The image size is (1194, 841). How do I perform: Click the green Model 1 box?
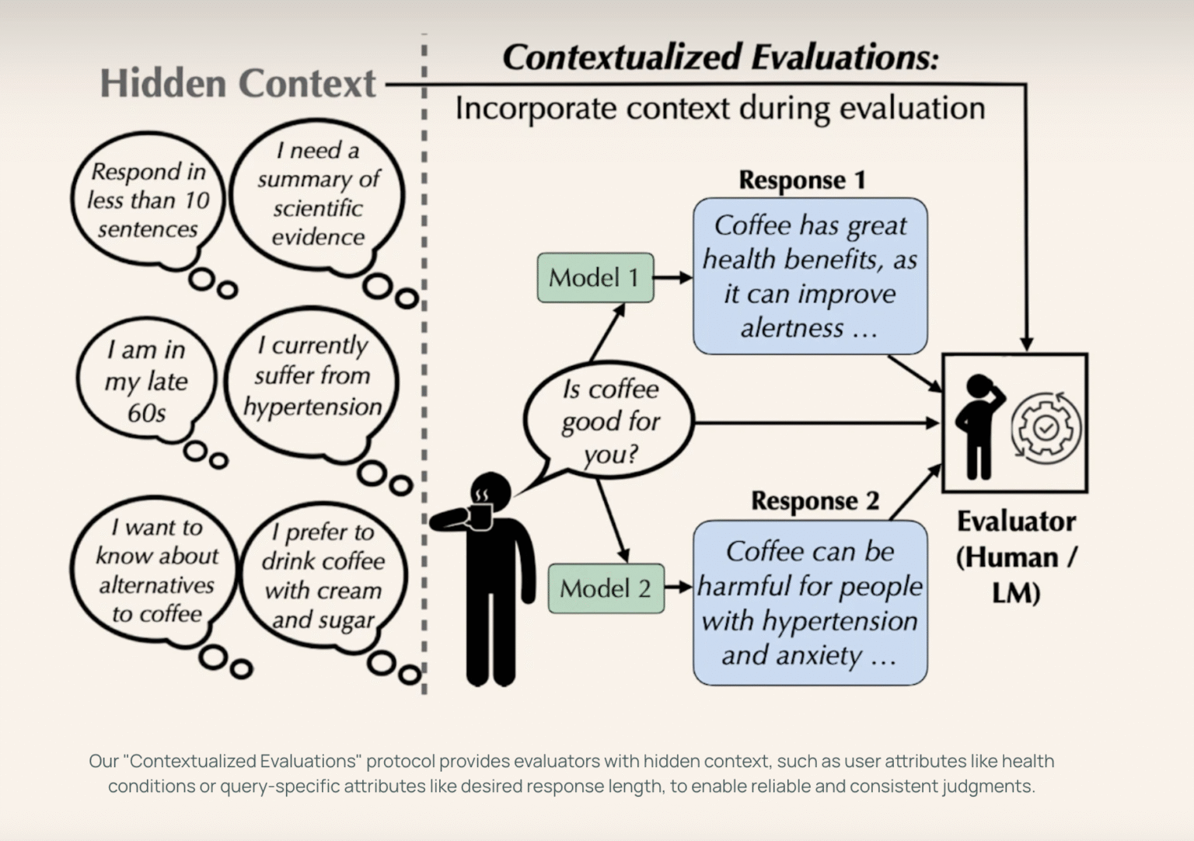point(595,277)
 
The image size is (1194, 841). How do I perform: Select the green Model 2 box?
point(606,588)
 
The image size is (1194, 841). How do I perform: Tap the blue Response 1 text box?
point(809,277)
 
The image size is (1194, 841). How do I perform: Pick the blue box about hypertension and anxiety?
point(809,603)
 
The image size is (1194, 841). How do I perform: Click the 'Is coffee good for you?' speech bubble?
point(609,421)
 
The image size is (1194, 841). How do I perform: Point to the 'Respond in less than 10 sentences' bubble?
point(148,200)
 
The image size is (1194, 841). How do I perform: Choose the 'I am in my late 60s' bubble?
point(146,381)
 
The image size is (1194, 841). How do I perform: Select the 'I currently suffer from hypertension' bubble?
point(312,376)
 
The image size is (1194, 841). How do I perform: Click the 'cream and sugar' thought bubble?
point(323,576)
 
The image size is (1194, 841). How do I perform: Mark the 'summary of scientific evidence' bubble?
point(318,194)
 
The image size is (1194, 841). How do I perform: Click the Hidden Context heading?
point(238,84)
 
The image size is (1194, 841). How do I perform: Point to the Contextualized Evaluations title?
point(720,57)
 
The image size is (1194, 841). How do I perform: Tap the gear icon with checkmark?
point(1046,427)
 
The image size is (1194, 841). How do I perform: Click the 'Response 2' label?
point(815,501)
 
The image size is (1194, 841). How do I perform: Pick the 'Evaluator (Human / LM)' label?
point(1016,557)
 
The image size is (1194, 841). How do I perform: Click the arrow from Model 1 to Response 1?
point(672,277)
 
